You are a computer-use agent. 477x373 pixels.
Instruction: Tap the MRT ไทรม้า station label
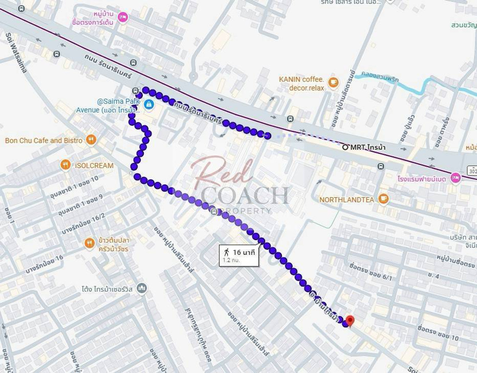pos(366,147)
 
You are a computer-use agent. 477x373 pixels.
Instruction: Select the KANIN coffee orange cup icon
pos(333,83)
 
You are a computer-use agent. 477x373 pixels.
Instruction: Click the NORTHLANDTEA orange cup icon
pos(383,199)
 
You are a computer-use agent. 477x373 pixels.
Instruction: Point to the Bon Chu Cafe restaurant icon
pos(91,140)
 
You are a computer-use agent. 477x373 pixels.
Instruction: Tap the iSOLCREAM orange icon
pos(66,165)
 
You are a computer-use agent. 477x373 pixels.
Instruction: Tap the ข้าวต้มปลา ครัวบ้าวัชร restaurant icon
pos(89,243)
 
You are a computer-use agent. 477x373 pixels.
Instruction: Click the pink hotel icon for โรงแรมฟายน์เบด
pos(455,178)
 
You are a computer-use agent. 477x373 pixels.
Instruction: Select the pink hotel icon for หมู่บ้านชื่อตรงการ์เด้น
pos(123,17)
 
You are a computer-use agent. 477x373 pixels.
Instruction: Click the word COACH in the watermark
pos(244,195)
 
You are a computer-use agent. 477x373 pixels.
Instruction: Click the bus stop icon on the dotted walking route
pos(215,211)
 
